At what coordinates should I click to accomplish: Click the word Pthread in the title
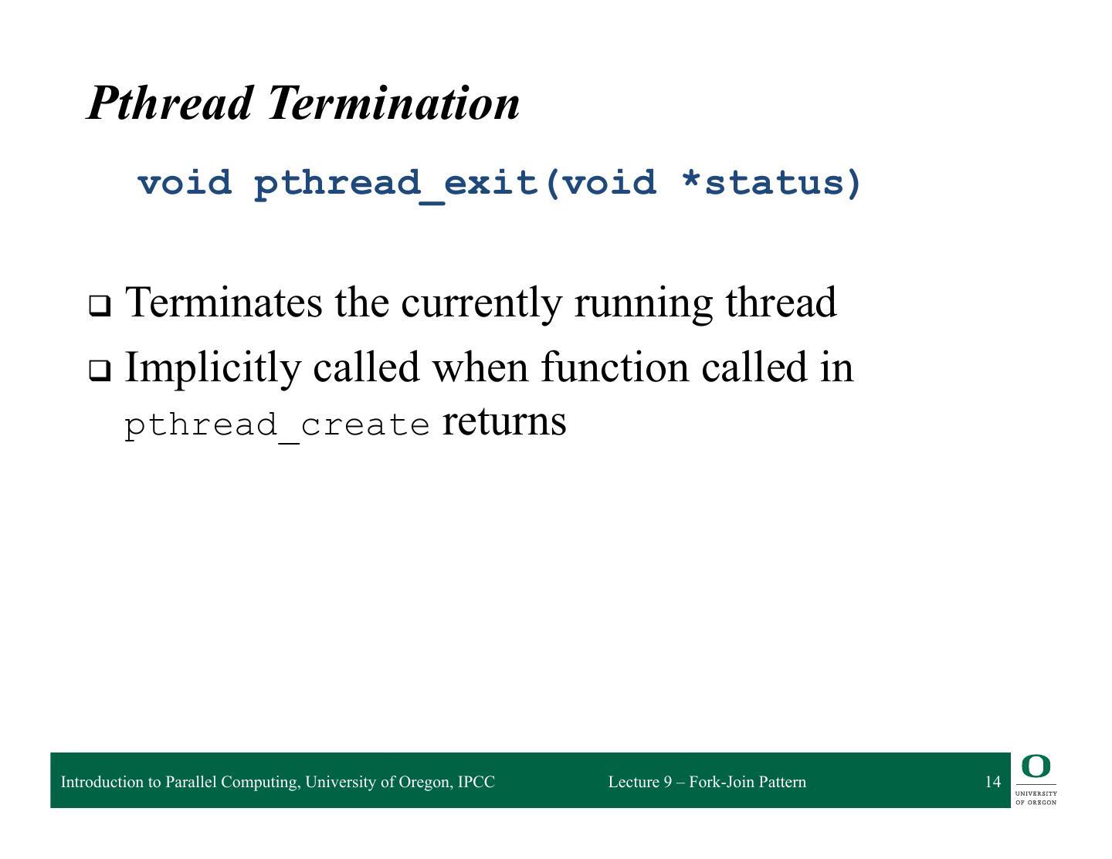pos(170,103)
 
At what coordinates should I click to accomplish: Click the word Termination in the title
pos(393,103)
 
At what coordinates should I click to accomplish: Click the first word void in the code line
pos(185,183)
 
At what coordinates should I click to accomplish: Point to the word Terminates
pos(224,303)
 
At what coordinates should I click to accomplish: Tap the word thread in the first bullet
pos(781,303)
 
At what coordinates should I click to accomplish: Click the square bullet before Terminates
pos(100,306)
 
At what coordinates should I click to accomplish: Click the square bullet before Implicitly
pos(100,370)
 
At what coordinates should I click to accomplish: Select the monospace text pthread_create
pos(277,427)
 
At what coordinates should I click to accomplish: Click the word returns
pos(504,424)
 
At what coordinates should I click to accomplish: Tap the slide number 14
pos(993,782)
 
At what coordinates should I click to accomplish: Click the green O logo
pos(1036,766)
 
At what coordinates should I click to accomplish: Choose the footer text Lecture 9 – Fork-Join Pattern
pos(707,782)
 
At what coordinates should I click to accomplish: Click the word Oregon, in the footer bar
pos(425,783)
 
